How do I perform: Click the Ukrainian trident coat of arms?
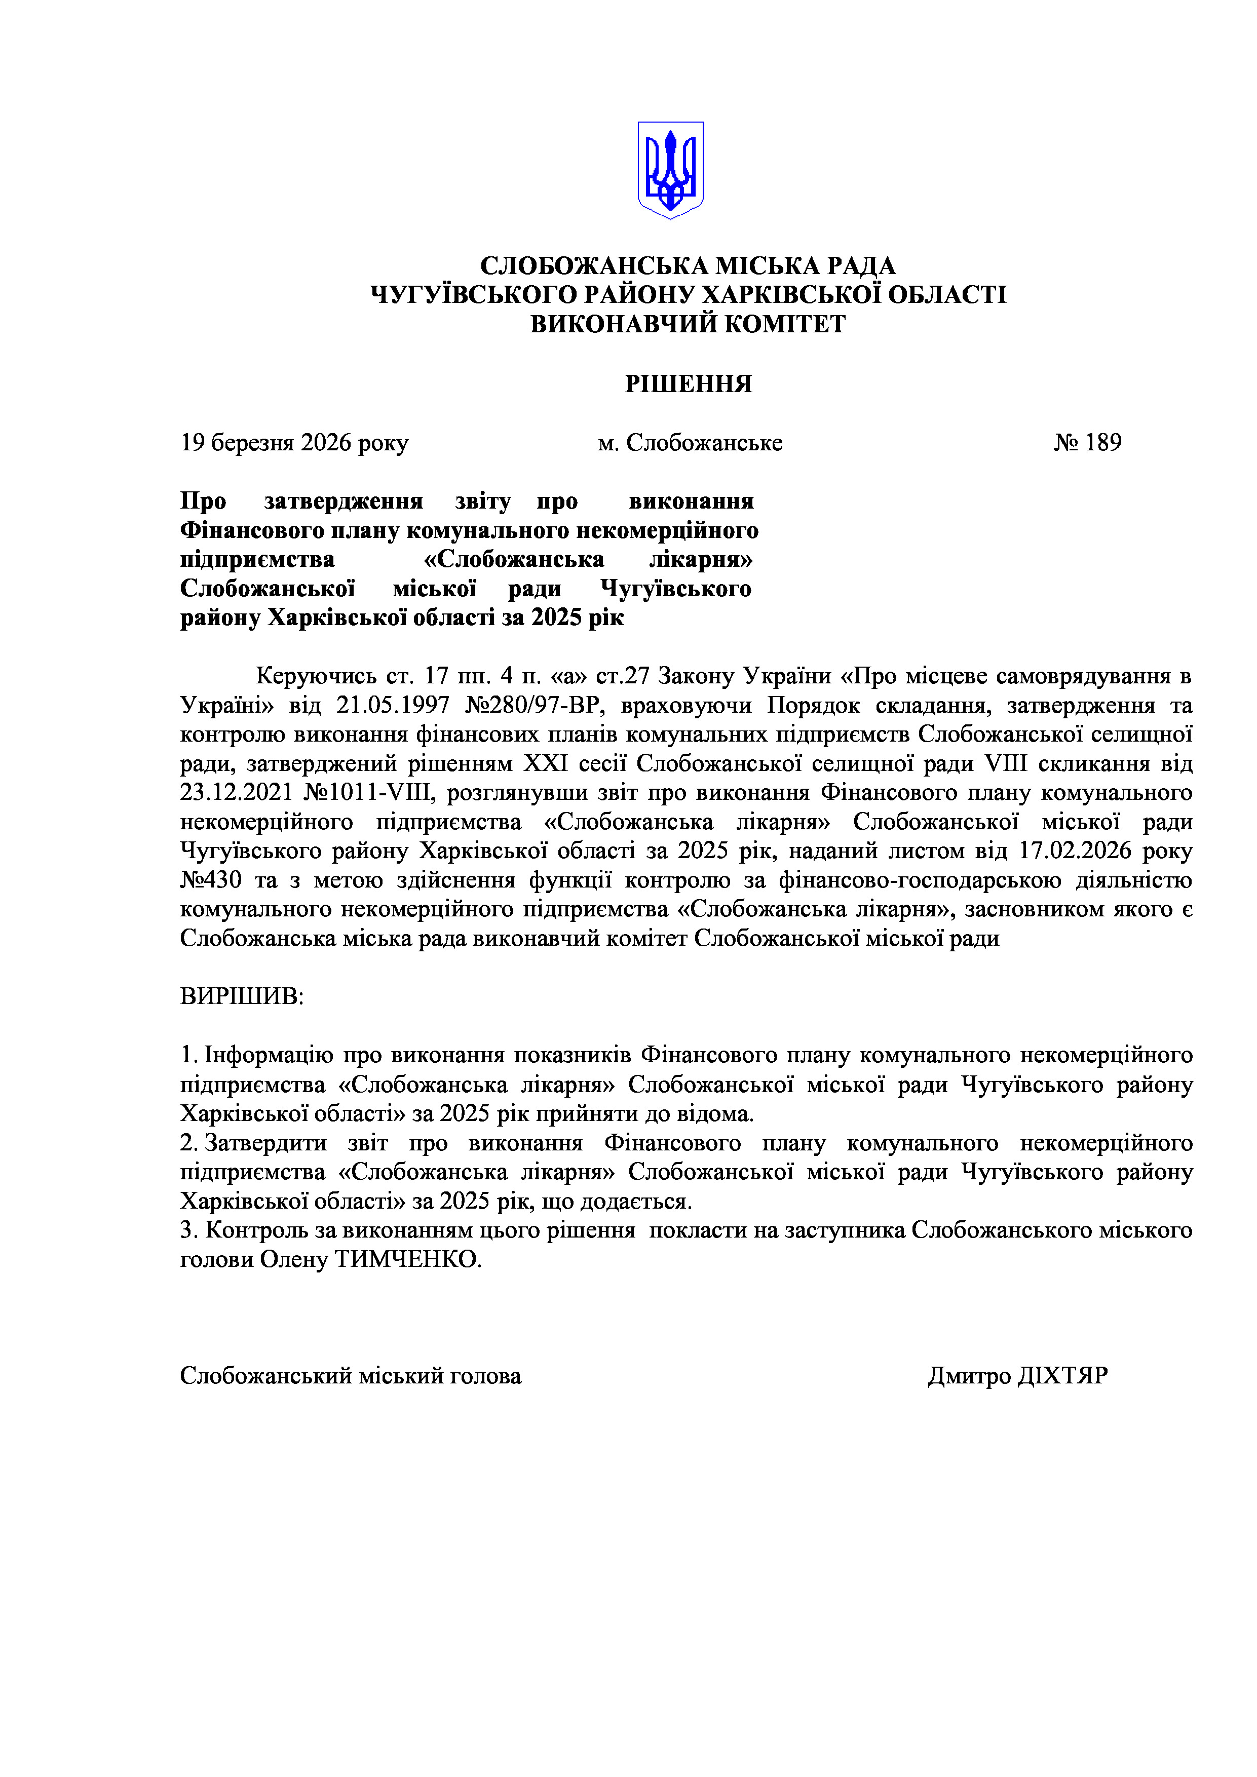point(670,170)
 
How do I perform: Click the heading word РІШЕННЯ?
point(688,384)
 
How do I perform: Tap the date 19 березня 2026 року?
point(294,443)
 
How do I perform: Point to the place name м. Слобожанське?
point(690,443)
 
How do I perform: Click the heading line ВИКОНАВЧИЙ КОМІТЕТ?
point(688,324)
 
